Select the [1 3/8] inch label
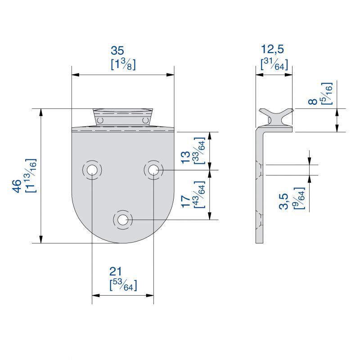click(x=123, y=64)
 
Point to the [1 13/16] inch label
click(x=31, y=175)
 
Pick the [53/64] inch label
click(x=123, y=285)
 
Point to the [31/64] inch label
click(x=274, y=64)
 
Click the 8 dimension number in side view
click(x=312, y=102)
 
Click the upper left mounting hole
click(x=92, y=170)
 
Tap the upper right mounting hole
click(x=153, y=170)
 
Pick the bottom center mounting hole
click(x=122, y=220)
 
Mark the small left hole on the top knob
click(x=100, y=120)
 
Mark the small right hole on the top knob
click(x=145, y=120)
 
